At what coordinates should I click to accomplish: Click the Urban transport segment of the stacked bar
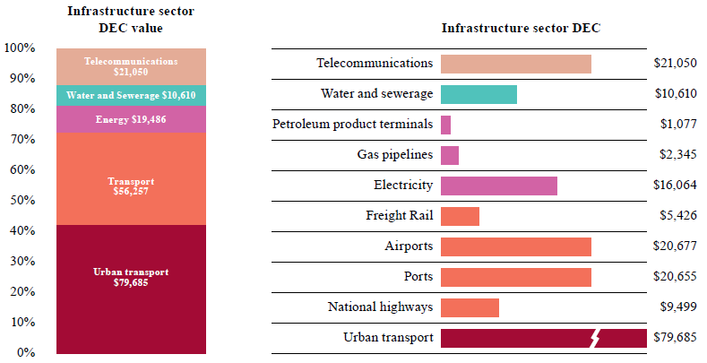point(131,289)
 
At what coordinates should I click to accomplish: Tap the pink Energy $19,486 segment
point(131,119)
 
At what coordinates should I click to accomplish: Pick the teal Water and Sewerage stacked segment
point(131,95)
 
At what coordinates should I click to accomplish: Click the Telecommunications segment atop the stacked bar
point(131,65)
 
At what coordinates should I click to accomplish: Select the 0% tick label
point(26,352)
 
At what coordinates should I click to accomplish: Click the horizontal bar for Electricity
point(498,186)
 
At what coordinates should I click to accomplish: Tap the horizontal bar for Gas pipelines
point(450,155)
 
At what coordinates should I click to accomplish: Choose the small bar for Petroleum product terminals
point(445,125)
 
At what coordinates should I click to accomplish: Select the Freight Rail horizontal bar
point(460,216)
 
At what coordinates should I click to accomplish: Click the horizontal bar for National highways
point(470,307)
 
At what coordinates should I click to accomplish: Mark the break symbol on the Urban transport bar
point(597,338)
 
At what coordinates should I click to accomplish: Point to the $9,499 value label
point(677,307)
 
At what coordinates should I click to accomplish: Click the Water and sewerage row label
point(376,94)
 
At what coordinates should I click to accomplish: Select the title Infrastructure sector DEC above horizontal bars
point(521,28)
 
